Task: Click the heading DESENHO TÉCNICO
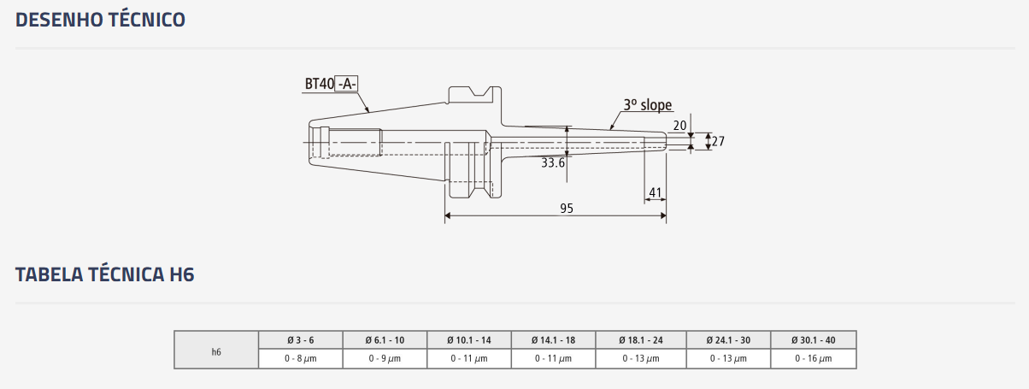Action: [x=101, y=20]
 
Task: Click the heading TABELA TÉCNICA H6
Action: [x=105, y=275]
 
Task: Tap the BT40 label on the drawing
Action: [x=319, y=84]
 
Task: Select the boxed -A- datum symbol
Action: [x=347, y=84]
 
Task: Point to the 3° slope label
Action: [x=647, y=105]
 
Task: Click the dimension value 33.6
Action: [x=553, y=162]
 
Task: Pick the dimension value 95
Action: [x=567, y=209]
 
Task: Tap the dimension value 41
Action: [x=656, y=193]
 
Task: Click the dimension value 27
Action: [x=718, y=141]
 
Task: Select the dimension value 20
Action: [x=680, y=126]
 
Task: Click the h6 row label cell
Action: [x=216, y=350]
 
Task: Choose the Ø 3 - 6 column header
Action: [x=300, y=340]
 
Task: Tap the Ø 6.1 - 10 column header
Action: [x=385, y=340]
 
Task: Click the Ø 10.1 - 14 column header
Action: [x=468, y=340]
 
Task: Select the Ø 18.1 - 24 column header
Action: [x=641, y=340]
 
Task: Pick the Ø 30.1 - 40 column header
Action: [x=813, y=340]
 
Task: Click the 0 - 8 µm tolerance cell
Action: [x=300, y=359]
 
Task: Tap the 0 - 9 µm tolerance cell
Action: [x=385, y=359]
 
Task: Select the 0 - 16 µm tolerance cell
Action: [x=813, y=359]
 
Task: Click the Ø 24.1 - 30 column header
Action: [x=728, y=340]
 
